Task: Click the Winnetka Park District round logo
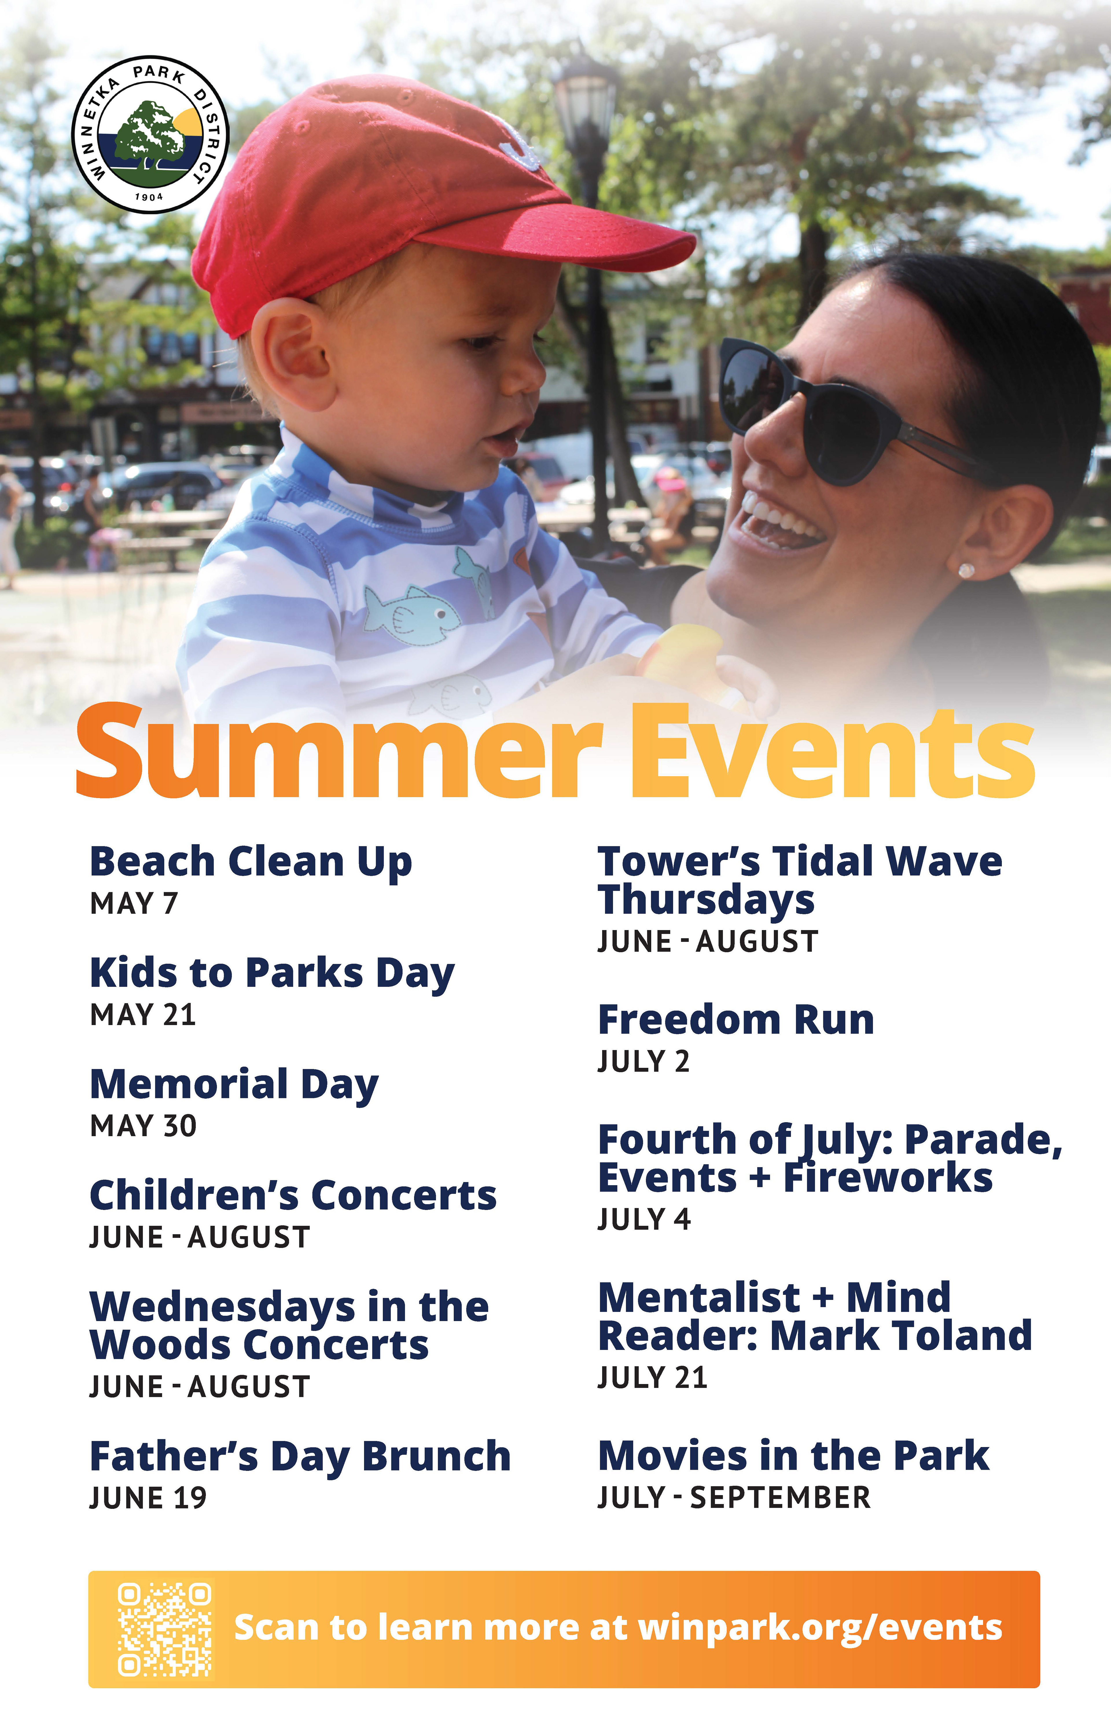(150, 134)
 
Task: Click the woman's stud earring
(966, 570)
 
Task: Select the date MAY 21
(143, 1015)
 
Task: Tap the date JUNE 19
(148, 1498)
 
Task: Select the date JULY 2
(643, 1061)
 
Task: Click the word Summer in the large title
(339, 750)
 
